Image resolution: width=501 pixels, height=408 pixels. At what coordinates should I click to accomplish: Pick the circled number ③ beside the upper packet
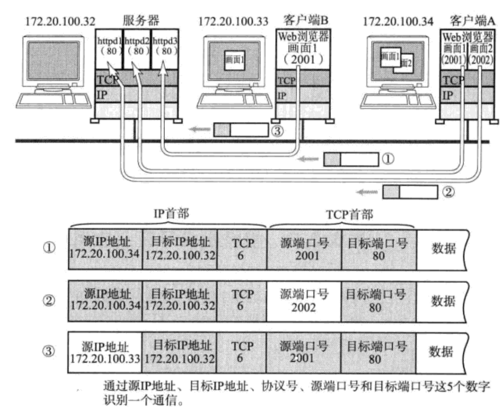[278, 131]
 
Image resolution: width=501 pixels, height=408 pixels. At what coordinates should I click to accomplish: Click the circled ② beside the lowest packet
[447, 191]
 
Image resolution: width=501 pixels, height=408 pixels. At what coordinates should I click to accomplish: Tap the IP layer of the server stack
[136, 95]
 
